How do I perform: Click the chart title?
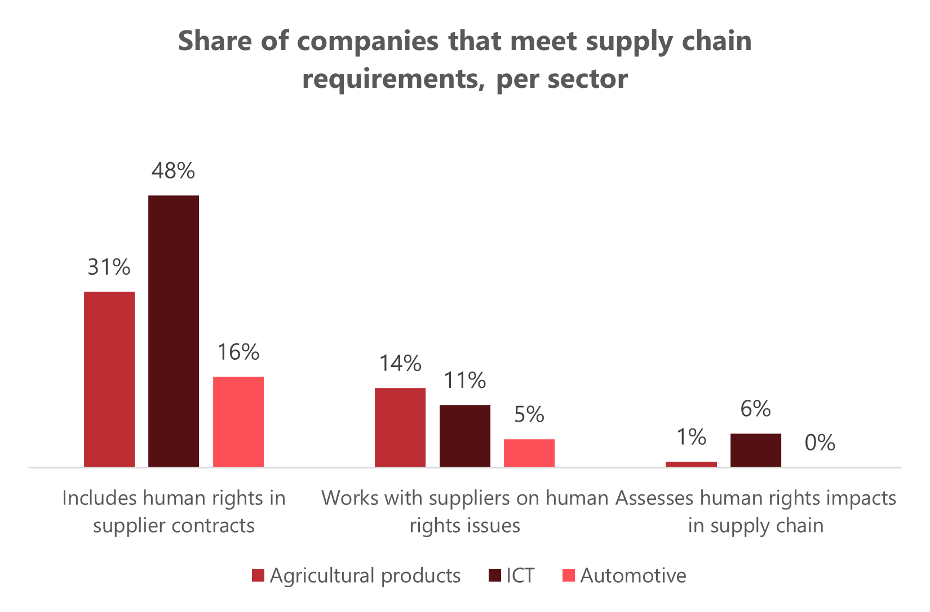coord(464,60)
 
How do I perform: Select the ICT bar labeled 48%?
coord(174,330)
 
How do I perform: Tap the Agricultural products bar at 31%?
coord(109,379)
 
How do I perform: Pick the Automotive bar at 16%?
coord(238,421)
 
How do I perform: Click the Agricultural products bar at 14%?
coord(400,427)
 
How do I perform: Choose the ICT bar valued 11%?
coord(465,435)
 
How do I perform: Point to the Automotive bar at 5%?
coord(529,453)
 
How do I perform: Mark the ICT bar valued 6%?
coord(756,450)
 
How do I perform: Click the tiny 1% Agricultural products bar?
coord(692,464)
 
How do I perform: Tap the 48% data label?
coord(173,171)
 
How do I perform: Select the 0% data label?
coord(820,443)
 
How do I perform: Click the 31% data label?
coord(109,267)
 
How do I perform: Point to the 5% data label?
coord(529,415)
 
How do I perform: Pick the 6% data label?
coord(756,409)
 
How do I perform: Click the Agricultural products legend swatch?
coord(258,576)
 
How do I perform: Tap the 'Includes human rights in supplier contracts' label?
coord(174,512)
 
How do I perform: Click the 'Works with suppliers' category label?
coord(465,512)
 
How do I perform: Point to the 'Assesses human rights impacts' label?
coord(756,512)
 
